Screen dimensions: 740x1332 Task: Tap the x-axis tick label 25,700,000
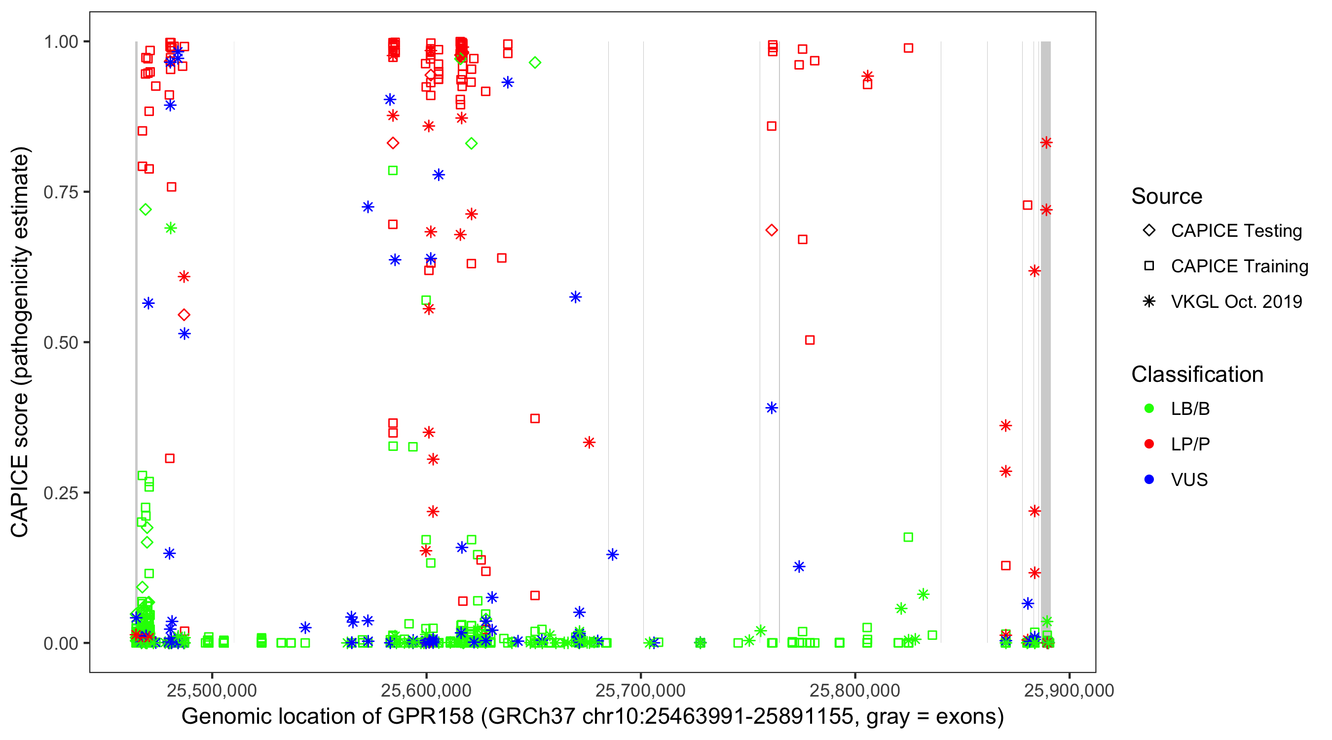pos(640,690)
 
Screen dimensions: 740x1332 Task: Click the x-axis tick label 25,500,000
pos(212,690)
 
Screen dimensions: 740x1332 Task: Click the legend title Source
pos(1167,196)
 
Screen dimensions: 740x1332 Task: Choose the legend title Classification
pos(1197,374)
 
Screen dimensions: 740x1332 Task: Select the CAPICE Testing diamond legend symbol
pos(1149,230)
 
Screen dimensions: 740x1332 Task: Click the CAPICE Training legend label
pos(1239,266)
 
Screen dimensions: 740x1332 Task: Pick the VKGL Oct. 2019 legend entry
pos(1236,301)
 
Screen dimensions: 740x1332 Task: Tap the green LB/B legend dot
pos(1149,408)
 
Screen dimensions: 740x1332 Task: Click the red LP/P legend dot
pos(1149,444)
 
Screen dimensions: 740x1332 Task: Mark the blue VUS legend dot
pos(1149,480)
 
